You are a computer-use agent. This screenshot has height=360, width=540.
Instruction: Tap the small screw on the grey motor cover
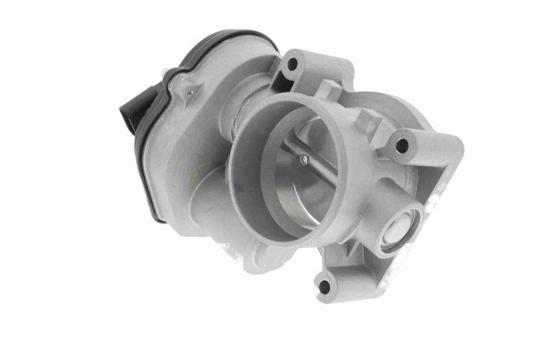tap(191, 93)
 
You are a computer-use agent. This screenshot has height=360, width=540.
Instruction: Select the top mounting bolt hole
tap(292, 65)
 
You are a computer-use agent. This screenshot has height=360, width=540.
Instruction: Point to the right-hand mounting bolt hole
tap(402, 144)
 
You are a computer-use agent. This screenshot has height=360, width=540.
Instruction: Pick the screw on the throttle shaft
tap(303, 159)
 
